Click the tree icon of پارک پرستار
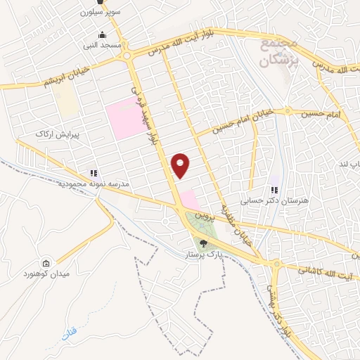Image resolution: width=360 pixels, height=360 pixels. click(x=204, y=243)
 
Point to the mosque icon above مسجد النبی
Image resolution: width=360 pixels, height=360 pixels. click(x=103, y=35)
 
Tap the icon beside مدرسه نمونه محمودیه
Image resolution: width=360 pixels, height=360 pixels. click(x=93, y=173)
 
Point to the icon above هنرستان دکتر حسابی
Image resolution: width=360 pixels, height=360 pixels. click(x=275, y=190)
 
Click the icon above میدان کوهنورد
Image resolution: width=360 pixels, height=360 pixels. click(x=46, y=263)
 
